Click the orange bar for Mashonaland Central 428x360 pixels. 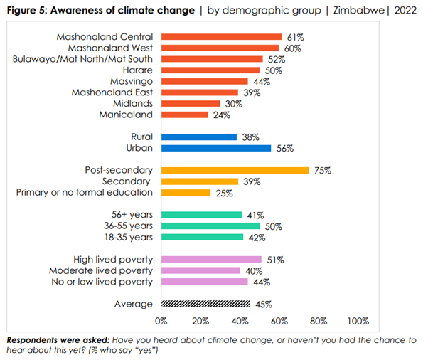(x=221, y=36)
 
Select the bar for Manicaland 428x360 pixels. (x=184, y=115)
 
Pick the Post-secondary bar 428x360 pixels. (x=235, y=170)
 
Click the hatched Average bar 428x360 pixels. (x=205, y=304)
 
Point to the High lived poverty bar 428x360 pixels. (x=211, y=260)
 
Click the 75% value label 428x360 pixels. (x=323, y=170)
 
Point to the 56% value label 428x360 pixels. (x=285, y=148)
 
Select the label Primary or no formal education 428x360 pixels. (x=85, y=192)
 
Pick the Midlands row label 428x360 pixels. (x=133, y=103)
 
